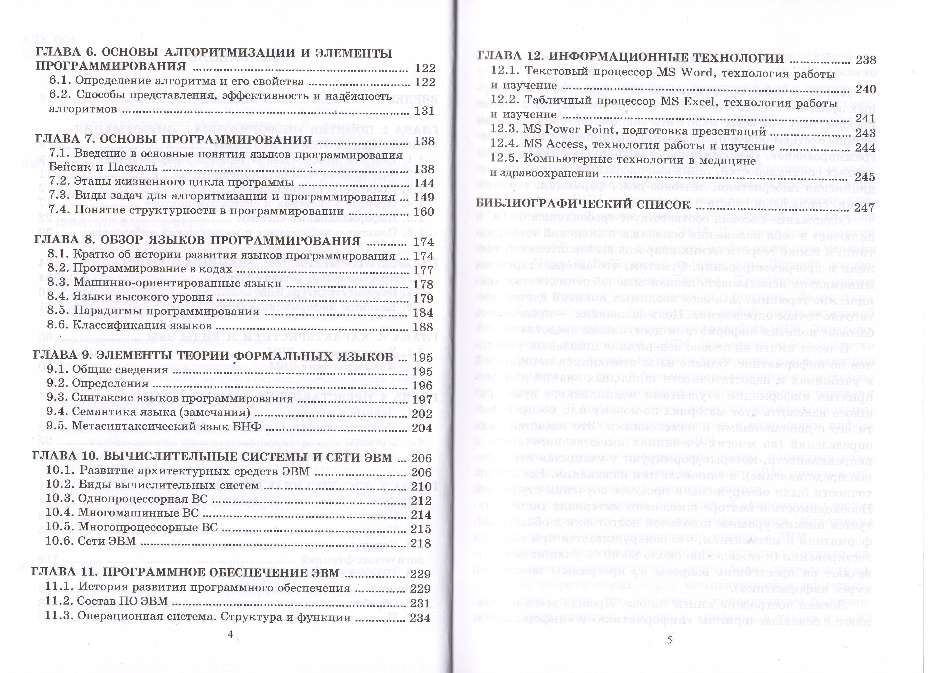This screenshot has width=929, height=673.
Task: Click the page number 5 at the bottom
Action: point(669,640)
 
